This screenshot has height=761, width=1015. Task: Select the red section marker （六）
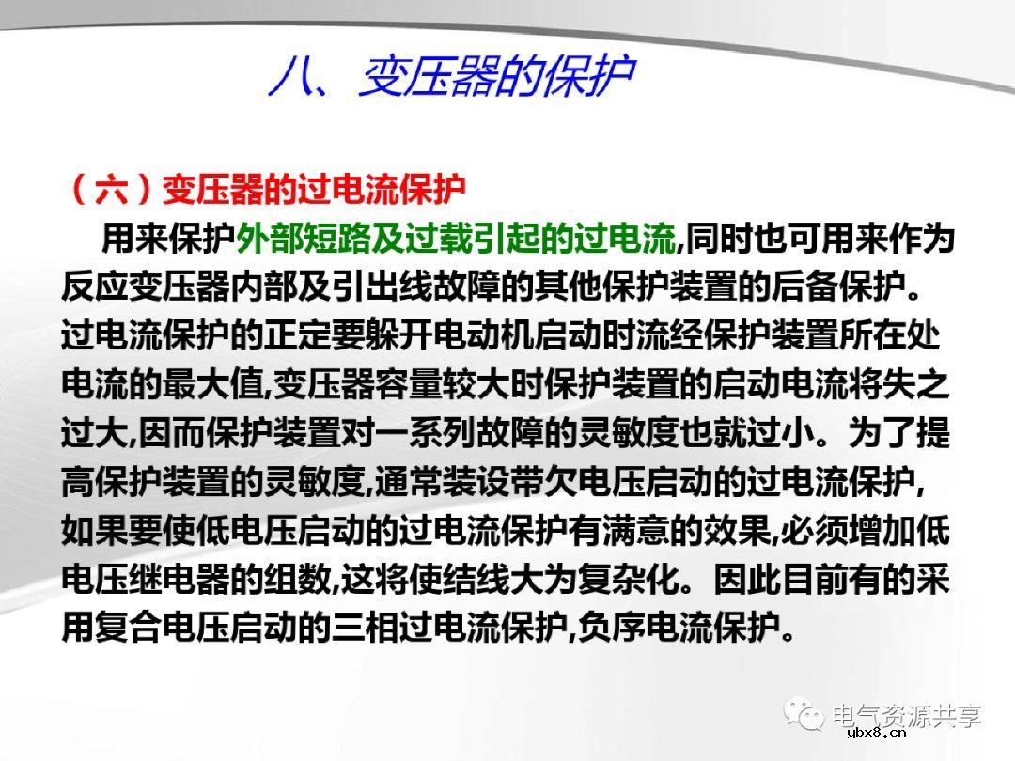(110, 191)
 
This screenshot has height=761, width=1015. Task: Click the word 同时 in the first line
(719, 240)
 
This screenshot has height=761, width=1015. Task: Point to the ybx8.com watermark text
(880, 735)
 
